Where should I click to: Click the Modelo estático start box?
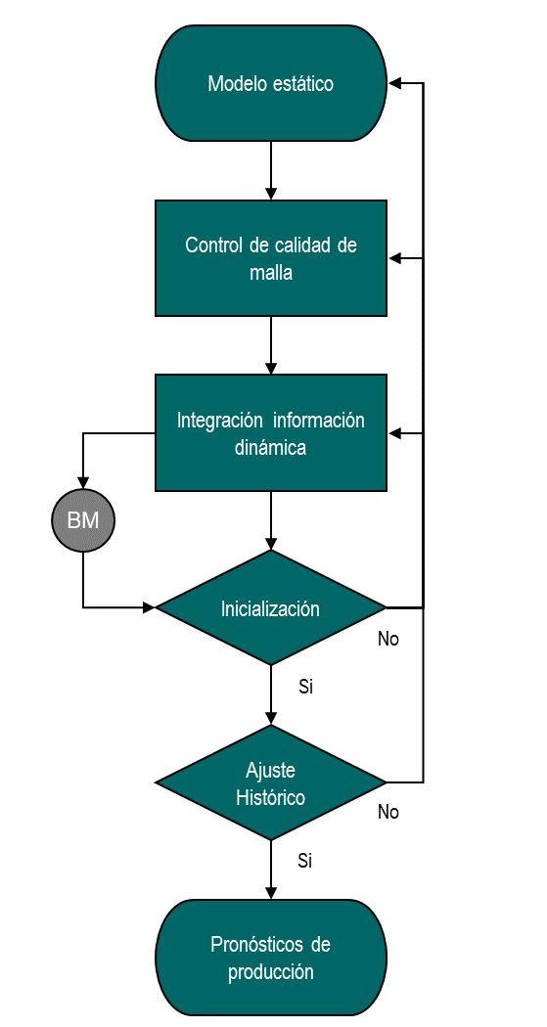coord(270,83)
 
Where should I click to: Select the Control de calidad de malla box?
coord(270,258)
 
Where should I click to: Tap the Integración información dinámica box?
coord(270,432)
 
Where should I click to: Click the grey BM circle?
coord(83,520)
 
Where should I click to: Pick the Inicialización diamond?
coord(270,607)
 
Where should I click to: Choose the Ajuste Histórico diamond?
coord(270,782)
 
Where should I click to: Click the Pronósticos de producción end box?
coord(270,957)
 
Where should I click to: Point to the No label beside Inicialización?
coord(388,639)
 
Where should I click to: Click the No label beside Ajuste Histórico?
coord(388,812)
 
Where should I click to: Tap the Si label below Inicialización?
coord(305,687)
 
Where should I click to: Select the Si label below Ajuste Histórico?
coord(305,861)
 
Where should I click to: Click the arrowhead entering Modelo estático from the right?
coord(395,83)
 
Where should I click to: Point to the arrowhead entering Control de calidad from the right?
coord(395,259)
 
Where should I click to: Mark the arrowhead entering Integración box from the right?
coord(395,433)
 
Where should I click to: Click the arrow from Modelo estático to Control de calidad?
coord(270,170)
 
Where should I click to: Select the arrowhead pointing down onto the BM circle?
coord(83,482)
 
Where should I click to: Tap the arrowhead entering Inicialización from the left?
coord(148,607)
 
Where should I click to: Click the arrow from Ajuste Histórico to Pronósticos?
coord(270,870)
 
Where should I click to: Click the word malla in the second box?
coord(270,273)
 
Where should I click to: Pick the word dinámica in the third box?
coord(270,448)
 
